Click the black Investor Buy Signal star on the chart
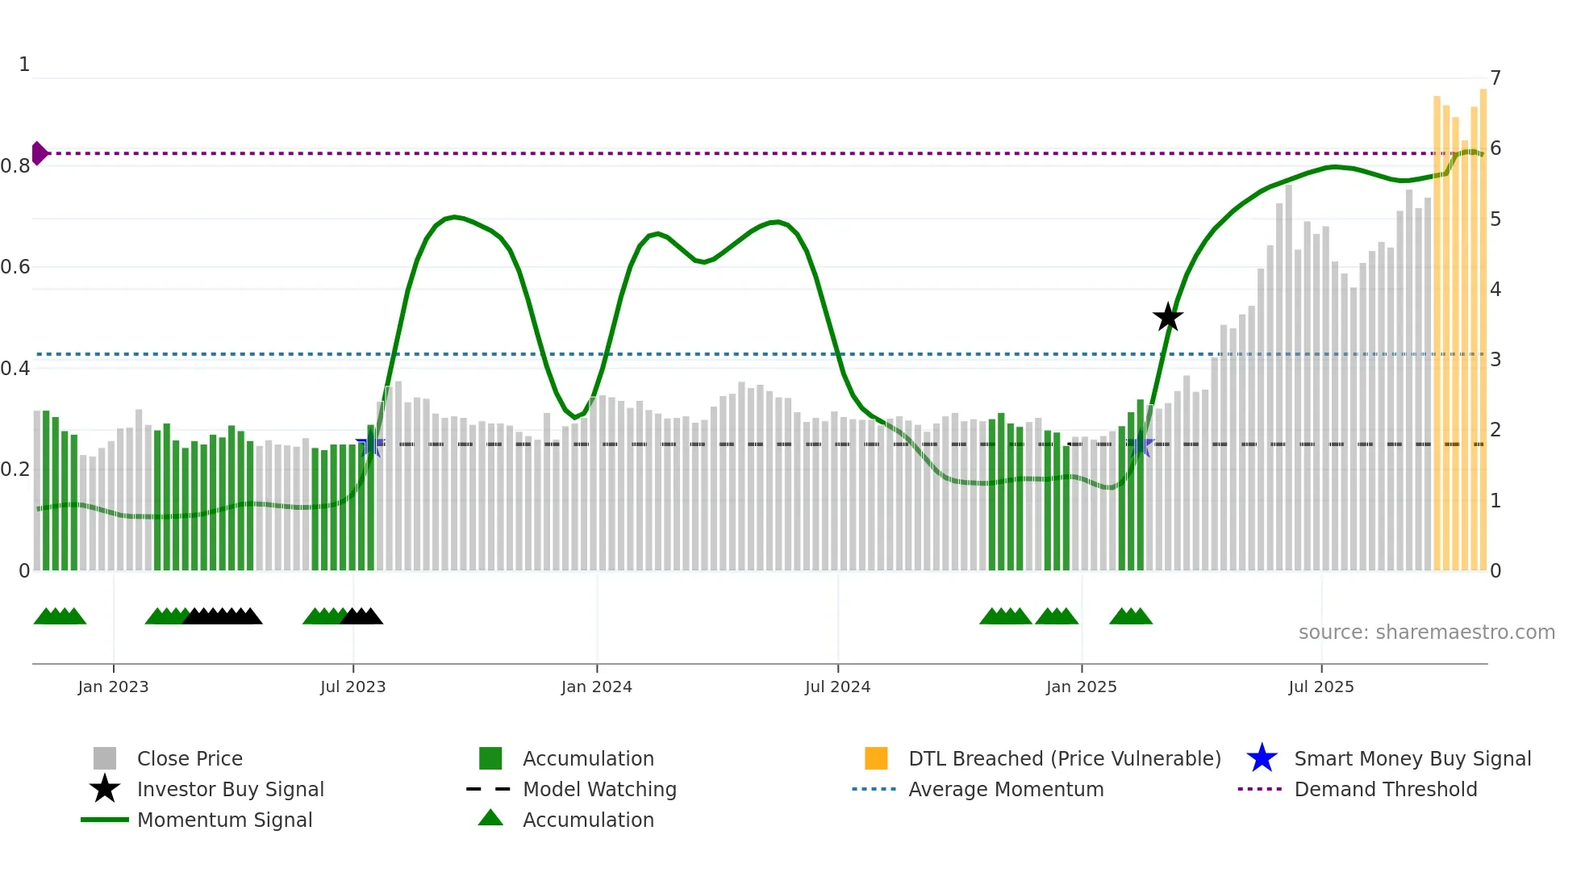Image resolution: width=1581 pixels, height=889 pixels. [x=1167, y=318]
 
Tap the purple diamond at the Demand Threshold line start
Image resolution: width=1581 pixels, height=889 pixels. [x=39, y=153]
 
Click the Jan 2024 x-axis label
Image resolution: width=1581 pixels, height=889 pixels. [x=596, y=687]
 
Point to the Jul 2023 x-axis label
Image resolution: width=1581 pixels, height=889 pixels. [x=352, y=687]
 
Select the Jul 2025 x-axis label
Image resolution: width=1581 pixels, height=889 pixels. [x=1320, y=687]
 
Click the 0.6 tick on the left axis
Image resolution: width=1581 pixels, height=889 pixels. [x=15, y=267]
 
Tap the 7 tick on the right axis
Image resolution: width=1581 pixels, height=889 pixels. [x=1495, y=78]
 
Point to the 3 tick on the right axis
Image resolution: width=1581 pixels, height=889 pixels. [x=1495, y=360]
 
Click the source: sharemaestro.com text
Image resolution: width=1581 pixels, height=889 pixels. [x=1426, y=632]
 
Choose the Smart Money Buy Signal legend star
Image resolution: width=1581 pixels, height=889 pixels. [x=1262, y=758]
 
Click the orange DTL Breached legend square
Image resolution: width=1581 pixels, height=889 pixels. [x=876, y=758]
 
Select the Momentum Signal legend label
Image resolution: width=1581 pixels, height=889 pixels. [x=224, y=820]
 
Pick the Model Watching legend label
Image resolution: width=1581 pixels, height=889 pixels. [x=599, y=789]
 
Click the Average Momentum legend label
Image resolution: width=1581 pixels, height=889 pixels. [x=1006, y=789]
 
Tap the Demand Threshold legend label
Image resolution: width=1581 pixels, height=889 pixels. [x=1385, y=789]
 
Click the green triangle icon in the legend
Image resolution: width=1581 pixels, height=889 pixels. [x=490, y=818]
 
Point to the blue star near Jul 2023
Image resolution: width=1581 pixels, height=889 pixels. [x=369, y=444]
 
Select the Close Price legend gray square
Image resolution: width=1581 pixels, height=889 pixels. [x=105, y=758]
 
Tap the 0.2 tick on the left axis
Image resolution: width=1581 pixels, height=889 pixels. [x=15, y=470]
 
